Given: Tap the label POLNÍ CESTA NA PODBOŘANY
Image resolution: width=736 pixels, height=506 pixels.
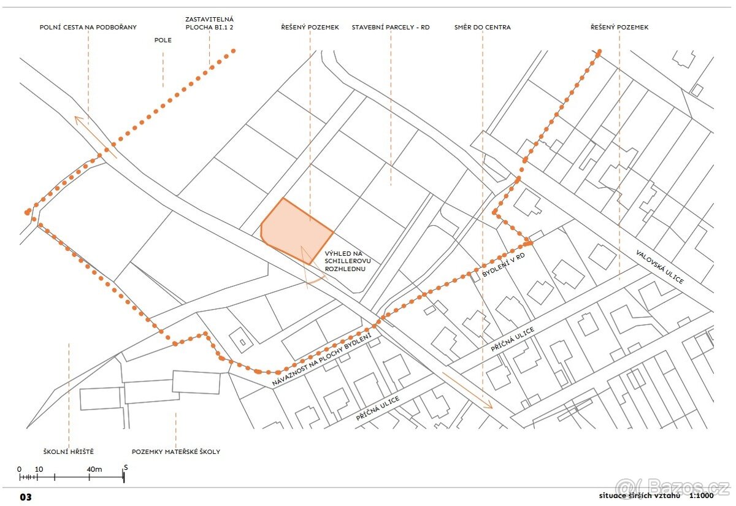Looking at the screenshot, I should (x=88, y=28).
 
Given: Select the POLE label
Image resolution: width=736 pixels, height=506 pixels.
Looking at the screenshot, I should (x=163, y=40).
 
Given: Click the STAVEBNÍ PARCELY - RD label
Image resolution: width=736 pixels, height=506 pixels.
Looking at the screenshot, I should (x=391, y=28).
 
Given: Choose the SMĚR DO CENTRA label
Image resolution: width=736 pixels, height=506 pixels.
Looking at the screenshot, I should (x=483, y=28).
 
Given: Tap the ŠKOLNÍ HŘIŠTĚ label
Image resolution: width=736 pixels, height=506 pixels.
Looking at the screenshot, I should (x=69, y=451).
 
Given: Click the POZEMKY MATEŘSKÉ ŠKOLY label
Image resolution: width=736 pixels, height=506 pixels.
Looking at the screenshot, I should (x=176, y=451).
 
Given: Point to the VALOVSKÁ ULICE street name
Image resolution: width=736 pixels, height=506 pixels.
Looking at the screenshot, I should (x=659, y=266).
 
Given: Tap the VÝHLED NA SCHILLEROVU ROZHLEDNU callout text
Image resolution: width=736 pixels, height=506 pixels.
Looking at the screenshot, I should (x=345, y=261).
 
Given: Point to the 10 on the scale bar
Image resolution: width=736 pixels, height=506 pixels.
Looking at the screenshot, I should (x=39, y=469).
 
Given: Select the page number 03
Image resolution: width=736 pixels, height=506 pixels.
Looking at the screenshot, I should (x=25, y=497).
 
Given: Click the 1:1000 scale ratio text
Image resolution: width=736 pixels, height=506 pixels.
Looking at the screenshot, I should (x=701, y=496).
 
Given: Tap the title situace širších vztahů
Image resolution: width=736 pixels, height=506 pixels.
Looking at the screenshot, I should (x=640, y=496).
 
